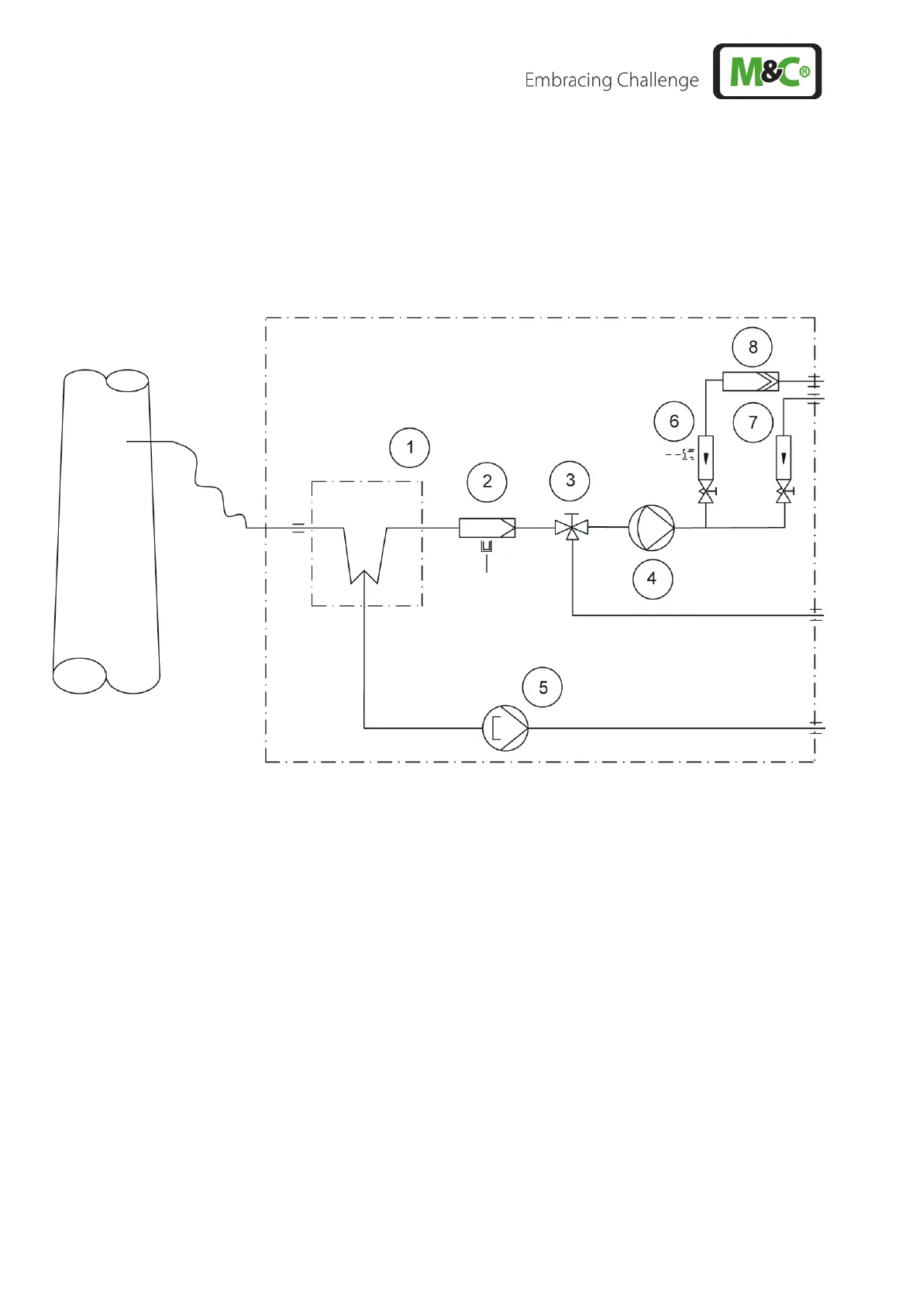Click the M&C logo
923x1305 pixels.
[x=766, y=71]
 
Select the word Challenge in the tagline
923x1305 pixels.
[x=656, y=81]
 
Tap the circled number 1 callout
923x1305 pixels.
[x=409, y=447]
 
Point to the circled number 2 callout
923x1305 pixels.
[x=487, y=481]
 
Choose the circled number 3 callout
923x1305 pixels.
[x=570, y=480]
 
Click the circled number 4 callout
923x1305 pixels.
[x=651, y=578]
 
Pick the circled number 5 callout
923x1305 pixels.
[x=542, y=687]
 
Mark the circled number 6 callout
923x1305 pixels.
[x=673, y=421]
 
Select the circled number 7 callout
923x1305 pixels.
[x=753, y=422]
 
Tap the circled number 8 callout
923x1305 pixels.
[x=753, y=347]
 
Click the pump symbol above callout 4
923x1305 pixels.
[x=651, y=528]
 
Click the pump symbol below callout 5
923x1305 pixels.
[x=505, y=728]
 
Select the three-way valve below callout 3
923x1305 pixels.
[x=572, y=529]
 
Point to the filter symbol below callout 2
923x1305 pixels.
[x=487, y=528]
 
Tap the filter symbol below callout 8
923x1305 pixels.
[x=750, y=381]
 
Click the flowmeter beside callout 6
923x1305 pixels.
[x=705, y=457]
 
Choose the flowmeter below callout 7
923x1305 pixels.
[x=784, y=457]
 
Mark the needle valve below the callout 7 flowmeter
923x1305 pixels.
[x=784, y=494]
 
